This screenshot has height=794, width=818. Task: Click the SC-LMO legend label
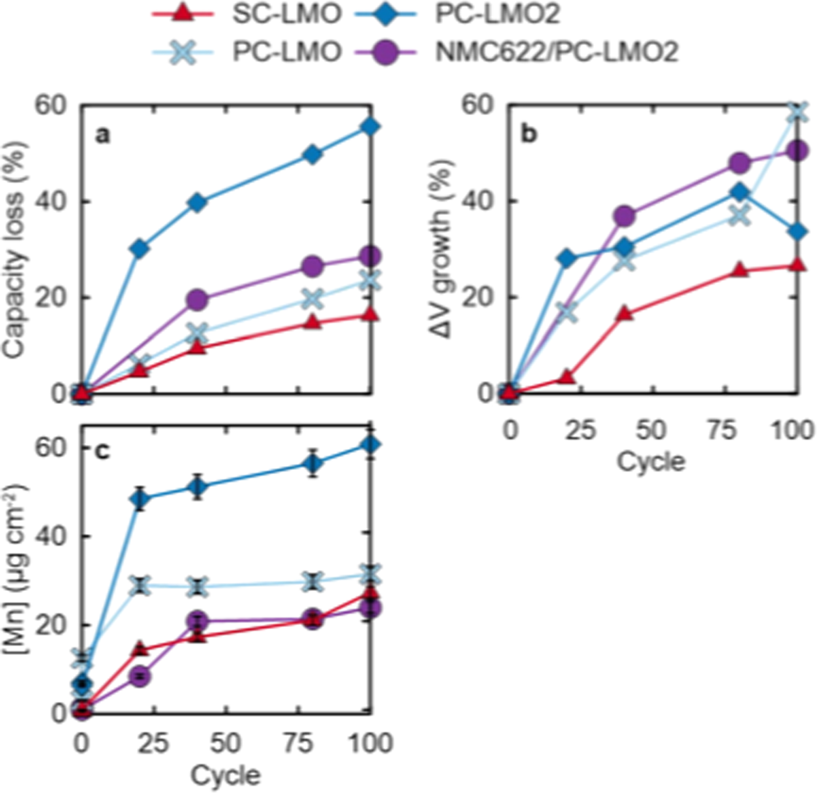(287, 14)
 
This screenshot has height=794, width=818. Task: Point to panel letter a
(102, 134)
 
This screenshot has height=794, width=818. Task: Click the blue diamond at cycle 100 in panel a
(370, 127)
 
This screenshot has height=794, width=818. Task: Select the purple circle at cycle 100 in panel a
(370, 256)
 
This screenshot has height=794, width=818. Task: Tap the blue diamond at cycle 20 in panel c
(140, 498)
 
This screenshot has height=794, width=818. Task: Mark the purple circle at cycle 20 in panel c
(140, 676)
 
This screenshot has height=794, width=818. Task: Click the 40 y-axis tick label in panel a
(50, 202)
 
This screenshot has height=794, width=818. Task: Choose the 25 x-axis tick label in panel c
(153, 743)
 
